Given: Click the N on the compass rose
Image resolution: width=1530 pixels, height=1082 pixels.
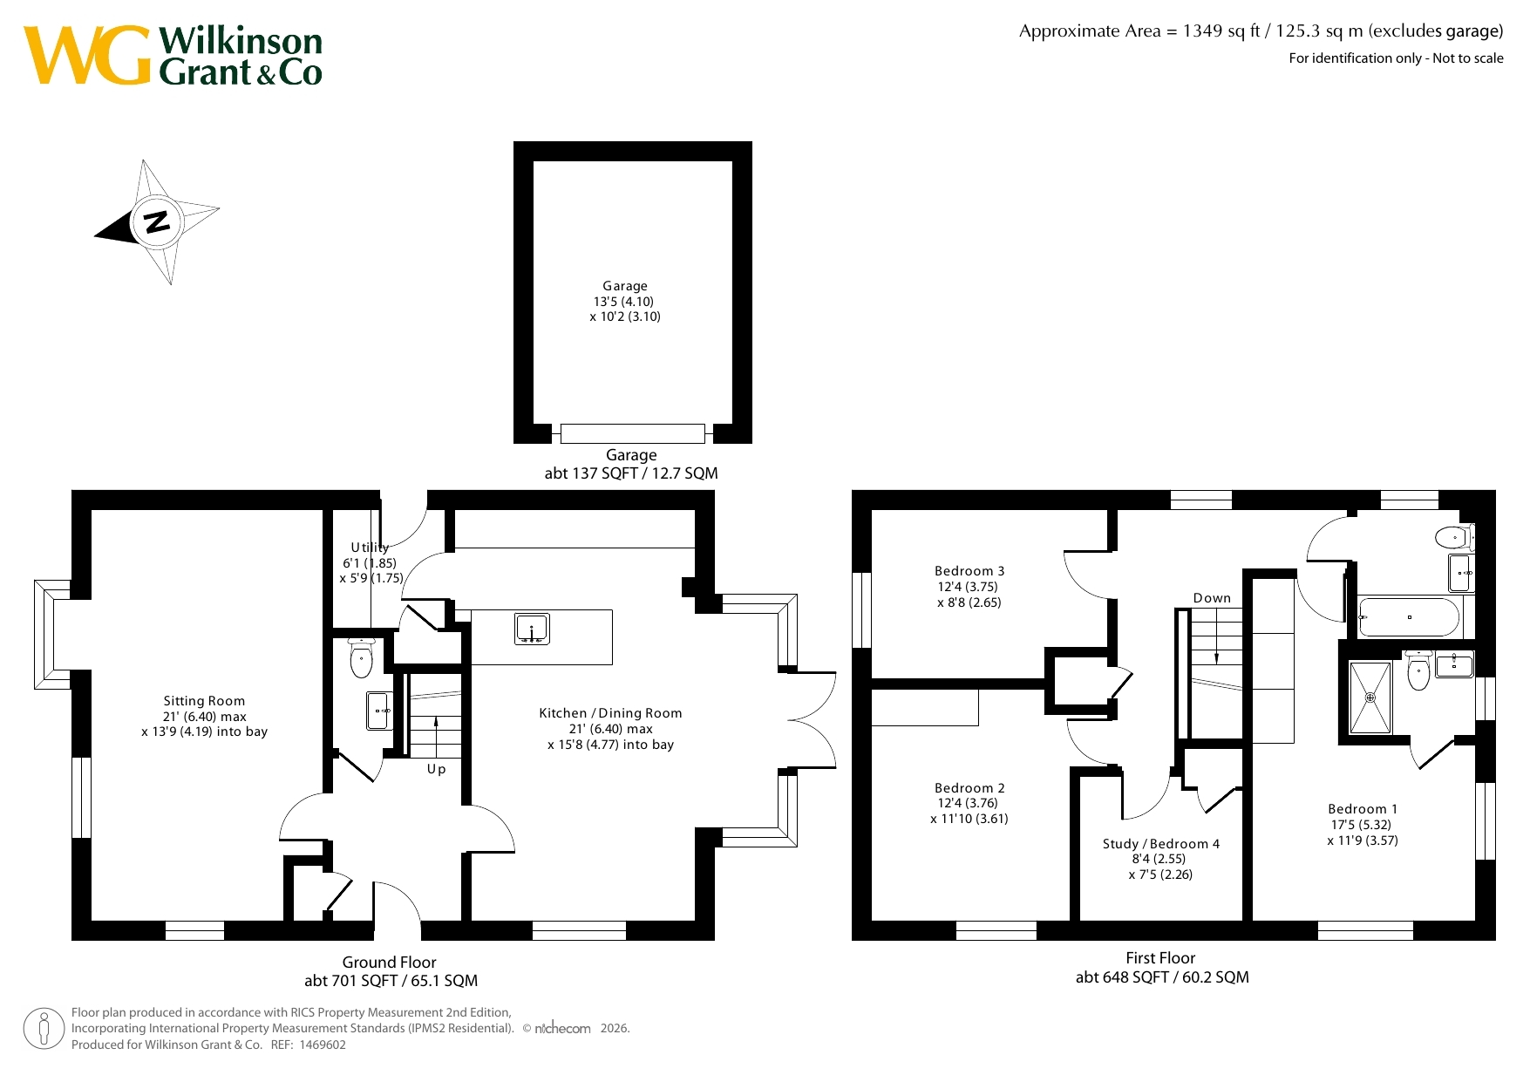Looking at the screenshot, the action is point(157,222).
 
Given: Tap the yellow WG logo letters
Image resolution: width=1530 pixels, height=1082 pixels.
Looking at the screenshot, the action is point(87,55).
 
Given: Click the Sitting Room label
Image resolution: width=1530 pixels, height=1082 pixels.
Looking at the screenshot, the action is point(204,701).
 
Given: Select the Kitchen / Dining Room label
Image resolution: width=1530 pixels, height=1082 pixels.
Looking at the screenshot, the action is point(610,713).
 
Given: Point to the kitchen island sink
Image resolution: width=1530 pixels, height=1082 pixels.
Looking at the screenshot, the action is point(532,629).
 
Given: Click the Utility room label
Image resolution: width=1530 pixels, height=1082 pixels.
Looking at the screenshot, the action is point(370,548).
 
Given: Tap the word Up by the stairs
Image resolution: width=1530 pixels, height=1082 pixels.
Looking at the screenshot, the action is point(436,769).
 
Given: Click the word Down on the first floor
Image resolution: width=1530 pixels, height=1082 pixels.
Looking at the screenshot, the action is point(1212,598).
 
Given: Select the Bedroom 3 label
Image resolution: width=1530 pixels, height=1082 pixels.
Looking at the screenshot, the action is point(969,571).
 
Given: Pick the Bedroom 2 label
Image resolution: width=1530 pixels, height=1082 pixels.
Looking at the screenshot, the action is point(969,788).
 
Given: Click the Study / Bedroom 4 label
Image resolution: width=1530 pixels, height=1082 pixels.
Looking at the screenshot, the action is point(1161,844).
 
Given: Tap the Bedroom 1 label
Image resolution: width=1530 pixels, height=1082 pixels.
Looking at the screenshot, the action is point(1363,809).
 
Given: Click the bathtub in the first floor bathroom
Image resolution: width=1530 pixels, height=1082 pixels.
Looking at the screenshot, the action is point(1409,617).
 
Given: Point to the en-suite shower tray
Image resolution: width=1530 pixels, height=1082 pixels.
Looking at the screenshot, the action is point(1370,698).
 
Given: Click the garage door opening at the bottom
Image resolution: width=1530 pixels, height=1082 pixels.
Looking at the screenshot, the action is point(632,433).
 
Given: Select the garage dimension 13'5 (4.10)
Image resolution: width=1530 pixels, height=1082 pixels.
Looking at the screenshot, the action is point(623,302).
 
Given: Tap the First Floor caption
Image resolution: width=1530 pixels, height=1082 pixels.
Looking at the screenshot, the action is point(1160,958).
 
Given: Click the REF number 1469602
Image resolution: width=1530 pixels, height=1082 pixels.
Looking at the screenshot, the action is point(323,1045).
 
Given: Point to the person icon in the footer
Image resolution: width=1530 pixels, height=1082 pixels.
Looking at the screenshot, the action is point(44,1029).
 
